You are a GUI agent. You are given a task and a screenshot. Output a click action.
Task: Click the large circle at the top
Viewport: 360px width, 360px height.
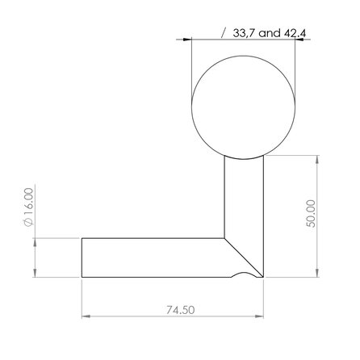coord(243,108)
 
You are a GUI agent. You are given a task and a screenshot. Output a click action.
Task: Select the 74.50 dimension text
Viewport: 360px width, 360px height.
coord(175,309)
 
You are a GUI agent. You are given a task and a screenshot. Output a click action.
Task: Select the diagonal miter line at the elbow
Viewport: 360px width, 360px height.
coord(245,257)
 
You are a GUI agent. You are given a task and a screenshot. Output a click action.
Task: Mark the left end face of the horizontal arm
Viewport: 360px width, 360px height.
coord(82,257)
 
